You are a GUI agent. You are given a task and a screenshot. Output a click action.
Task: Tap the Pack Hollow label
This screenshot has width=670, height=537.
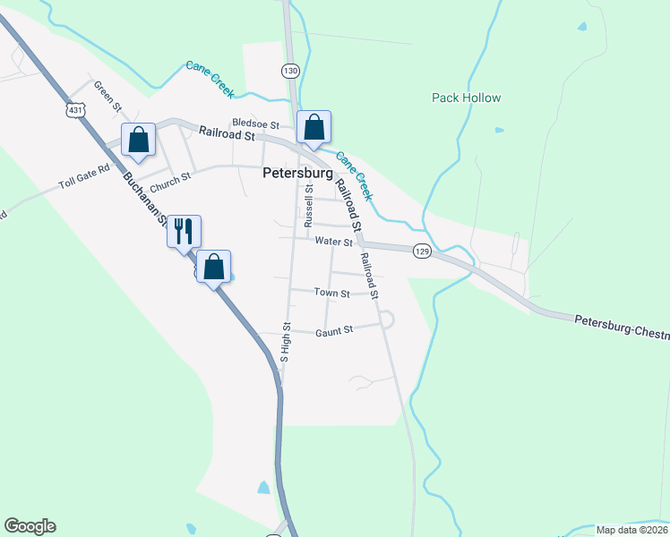pyautogui.click(x=466, y=98)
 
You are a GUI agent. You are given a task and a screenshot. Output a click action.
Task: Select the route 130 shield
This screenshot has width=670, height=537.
pyautogui.click(x=289, y=70)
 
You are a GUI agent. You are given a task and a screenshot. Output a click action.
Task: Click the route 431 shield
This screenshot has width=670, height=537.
pyautogui.click(x=75, y=109)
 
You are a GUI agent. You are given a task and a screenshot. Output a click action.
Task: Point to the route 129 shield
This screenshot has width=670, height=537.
pyautogui.click(x=423, y=252)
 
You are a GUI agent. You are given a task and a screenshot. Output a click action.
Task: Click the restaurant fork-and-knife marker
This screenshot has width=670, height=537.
pyautogui.click(x=184, y=231)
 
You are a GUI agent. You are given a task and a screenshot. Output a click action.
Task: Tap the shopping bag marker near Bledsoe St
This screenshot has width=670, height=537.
pyautogui.click(x=314, y=128)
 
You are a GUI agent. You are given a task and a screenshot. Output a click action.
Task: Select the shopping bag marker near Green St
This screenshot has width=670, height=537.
pyautogui.click(x=138, y=139)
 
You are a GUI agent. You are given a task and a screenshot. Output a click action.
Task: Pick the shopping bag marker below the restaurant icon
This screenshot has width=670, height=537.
pyautogui.click(x=213, y=267)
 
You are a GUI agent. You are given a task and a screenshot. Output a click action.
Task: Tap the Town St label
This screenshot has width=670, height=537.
pyautogui.click(x=331, y=293)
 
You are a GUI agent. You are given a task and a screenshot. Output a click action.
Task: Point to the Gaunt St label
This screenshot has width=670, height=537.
pyautogui.click(x=335, y=330)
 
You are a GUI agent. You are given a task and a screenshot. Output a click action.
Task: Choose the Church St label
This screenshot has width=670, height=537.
pyautogui.click(x=170, y=183)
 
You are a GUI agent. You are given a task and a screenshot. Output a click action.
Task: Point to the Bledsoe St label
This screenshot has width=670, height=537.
pyautogui.click(x=256, y=124)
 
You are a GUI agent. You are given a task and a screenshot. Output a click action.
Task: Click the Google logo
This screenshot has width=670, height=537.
pyautogui.click(x=30, y=526)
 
